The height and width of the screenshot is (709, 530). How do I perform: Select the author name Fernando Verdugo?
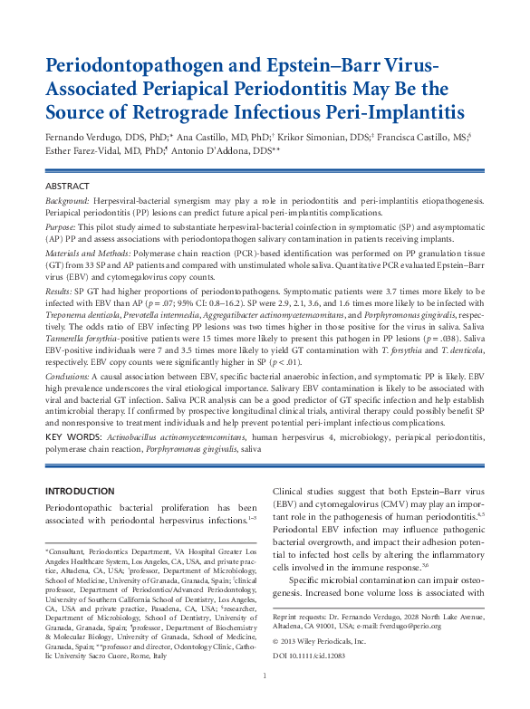(90, 139)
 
